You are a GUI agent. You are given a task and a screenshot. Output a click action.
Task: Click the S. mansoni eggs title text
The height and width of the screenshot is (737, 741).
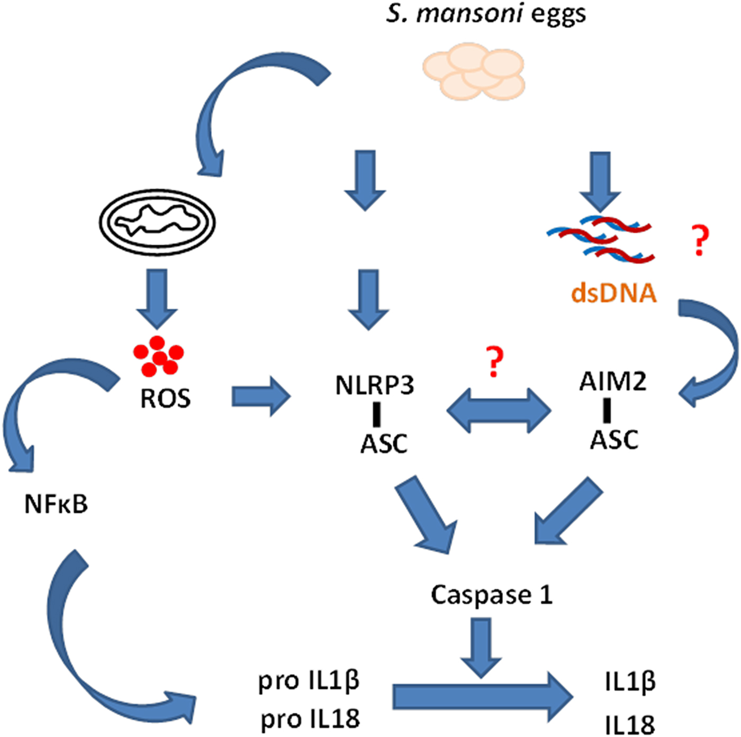coord(486,14)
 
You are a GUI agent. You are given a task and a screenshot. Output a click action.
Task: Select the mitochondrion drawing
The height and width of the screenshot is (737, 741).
coord(157,222)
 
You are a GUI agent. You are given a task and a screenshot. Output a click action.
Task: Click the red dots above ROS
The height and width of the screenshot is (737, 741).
coord(158,356)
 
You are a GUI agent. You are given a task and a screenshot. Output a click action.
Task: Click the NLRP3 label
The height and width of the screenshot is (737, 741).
coord(375,385)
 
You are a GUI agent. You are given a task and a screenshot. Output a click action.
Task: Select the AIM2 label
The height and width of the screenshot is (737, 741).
coord(612,381)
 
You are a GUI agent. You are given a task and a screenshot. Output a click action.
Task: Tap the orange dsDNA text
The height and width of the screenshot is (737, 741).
coord(613,293)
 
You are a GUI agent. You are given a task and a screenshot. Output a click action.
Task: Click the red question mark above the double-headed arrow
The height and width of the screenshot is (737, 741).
coord(494,362)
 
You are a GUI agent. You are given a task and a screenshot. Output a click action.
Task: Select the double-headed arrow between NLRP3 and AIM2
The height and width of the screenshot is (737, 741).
coord(499,411)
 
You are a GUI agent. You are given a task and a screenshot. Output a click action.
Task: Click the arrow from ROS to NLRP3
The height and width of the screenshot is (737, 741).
coord(261,396)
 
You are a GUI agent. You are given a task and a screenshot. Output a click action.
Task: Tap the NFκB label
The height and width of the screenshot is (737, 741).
coord(56,504)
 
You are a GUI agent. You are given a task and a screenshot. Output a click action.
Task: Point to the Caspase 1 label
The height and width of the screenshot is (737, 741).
coord(492,595)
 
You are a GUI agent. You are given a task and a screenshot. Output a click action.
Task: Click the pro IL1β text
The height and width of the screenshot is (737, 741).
coord(309,680)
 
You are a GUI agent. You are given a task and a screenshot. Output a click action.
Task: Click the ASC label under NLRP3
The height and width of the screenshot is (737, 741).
coord(384,444)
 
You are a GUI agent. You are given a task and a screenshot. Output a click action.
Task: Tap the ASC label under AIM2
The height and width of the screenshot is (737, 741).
coord(614,440)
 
